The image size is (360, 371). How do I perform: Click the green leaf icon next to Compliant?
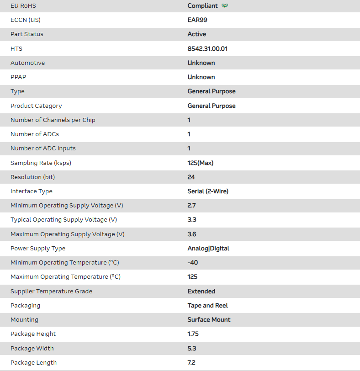click(x=225, y=6)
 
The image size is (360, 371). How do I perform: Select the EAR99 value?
click(x=197, y=20)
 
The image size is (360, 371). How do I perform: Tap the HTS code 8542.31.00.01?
click(x=207, y=48)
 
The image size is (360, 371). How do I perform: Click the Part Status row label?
click(x=27, y=34)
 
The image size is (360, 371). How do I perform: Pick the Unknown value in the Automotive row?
click(x=201, y=63)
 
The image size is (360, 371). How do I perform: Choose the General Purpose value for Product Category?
click(x=212, y=106)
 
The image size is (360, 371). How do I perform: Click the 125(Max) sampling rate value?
click(x=200, y=163)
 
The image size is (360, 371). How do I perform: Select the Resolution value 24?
click(x=191, y=177)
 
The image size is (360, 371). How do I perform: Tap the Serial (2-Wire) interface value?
click(x=208, y=191)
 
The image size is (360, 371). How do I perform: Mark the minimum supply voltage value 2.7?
click(x=192, y=206)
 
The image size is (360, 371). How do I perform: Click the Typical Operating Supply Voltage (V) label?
click(x=64, y=220)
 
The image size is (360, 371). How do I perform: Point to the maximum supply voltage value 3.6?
click(x=192, y=234)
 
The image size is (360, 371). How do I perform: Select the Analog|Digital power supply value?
click(x=208, y=249)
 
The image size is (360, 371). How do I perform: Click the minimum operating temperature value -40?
click(x=193, y=263)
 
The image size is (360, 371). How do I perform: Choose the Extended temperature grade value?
click(x=201, y=291)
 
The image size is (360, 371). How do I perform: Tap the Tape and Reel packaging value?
click(x=207, y=305)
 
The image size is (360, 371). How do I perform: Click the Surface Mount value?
click(x=209, y=320)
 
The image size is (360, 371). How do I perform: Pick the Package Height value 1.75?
click(x=193, y=334)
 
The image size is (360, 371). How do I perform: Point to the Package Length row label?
click(x=33, y=363)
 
